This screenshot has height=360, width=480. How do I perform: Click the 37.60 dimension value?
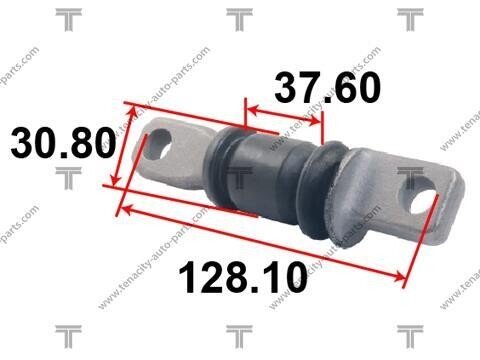[x=328, y=87]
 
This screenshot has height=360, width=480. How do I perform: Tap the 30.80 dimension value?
[x=63, y=143]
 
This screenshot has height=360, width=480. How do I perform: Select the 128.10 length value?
[x=243, y=278]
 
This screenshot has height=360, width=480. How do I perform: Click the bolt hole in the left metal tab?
[x=160, y=143]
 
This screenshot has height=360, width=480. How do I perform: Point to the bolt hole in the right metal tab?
[x=421, y=198]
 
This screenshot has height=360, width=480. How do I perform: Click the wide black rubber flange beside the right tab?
[x=317, y=190]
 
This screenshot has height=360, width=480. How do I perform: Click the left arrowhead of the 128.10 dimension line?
[x=126, y=209]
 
